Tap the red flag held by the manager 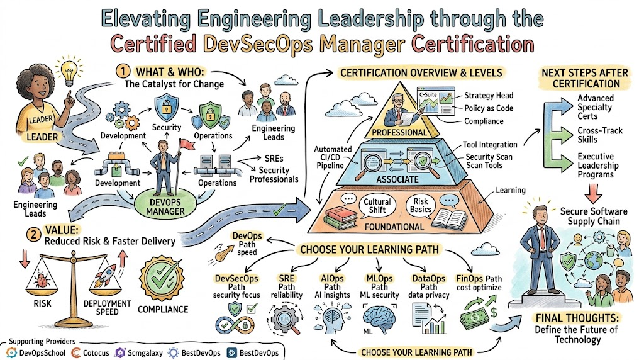click(187, 145)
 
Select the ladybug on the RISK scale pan click(42, 281)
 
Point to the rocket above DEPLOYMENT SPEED click(105, 275)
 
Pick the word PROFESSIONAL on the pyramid click(399, 132)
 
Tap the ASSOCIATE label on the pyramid click(397, 179)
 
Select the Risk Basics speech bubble click(421, 205)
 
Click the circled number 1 click(123, 71)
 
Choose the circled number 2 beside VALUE click(33, 235)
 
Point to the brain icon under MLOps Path click(379, 318)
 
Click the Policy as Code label click(488, 108)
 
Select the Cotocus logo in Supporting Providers click(75, 352)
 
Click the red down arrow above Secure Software click(594, 193)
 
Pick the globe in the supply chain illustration click(593, 260)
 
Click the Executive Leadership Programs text click(598, 165)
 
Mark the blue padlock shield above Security click(166, 108)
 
